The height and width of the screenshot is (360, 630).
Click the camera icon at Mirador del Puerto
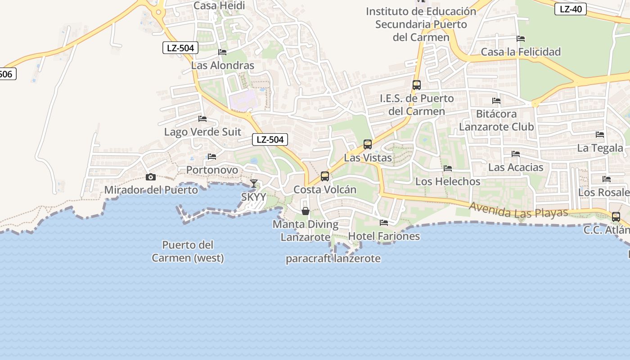tap(151, 177)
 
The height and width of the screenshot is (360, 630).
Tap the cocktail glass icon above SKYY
tap(254, 184)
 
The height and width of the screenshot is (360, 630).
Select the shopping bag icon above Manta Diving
tap(306, 211)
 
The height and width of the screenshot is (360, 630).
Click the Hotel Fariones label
tap(384, 236)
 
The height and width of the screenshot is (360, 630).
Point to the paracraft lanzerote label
tap(333, 259)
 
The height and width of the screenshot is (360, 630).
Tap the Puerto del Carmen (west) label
tap(188, 252)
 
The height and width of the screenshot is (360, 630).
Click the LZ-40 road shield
tap(571, 9)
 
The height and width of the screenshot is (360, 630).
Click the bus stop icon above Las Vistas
tap(368, 144)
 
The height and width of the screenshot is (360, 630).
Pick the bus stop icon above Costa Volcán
tap(325, 176)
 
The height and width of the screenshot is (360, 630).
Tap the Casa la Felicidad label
tap(521, 52)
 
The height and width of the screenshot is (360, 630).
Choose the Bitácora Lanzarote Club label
tap(496, 120)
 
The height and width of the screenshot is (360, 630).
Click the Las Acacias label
tap(516, 167)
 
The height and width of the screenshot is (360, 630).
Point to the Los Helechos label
tap(448, 181)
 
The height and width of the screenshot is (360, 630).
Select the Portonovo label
tap(212, 170)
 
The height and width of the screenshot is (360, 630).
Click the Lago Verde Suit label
tap(202, 132)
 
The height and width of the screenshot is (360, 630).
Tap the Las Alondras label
tap(223, 65)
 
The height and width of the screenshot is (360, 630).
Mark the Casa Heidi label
tap(219, 5)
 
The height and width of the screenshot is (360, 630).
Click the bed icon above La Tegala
tap(600, 135)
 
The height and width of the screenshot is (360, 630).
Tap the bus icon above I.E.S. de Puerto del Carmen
tap(416, 85)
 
